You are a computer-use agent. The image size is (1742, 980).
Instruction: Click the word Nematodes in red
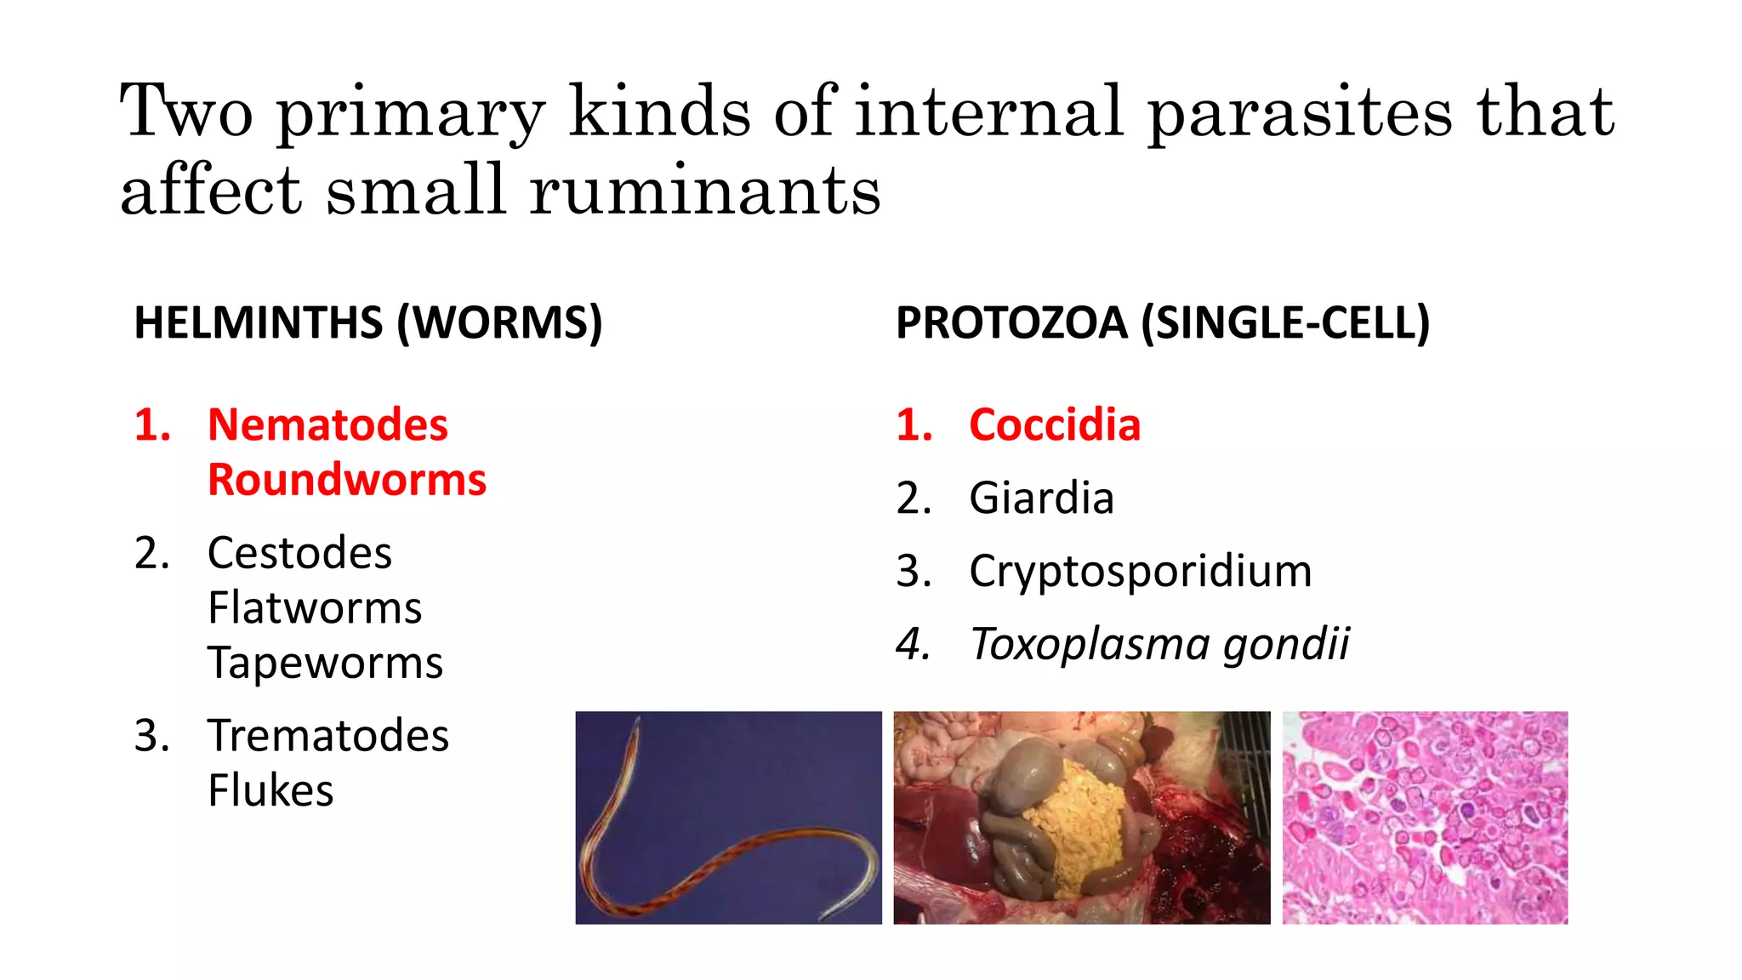[327, 424]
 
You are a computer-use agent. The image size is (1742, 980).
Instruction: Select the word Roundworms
[347, 480]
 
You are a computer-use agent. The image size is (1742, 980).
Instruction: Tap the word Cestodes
[299, 553]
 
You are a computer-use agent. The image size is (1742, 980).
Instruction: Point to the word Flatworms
[315, 608]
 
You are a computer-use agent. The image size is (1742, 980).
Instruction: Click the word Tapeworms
[325, 663]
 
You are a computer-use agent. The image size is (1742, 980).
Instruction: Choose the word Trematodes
[328, 736]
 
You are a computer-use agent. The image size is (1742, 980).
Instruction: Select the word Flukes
[270, 790]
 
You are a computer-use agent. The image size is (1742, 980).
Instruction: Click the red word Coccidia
[1055, 424]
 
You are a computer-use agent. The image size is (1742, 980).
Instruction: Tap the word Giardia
[1041, 498]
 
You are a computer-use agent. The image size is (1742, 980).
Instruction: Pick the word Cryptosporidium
[1141, 571]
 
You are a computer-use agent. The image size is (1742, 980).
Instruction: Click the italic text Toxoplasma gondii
[1159, 644]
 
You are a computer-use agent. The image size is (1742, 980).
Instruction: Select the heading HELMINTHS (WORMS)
[367, 323]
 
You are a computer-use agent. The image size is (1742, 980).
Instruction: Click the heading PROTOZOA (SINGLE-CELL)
[1163, 323]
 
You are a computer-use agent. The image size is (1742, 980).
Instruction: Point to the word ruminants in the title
[704, 191]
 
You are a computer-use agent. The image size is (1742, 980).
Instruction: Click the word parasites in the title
[1300, 112]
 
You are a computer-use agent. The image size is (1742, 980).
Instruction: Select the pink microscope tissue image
[1425, 818]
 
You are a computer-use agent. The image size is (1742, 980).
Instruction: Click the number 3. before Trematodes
[152, 736]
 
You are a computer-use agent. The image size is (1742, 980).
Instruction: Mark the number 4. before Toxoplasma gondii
[914, 644]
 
